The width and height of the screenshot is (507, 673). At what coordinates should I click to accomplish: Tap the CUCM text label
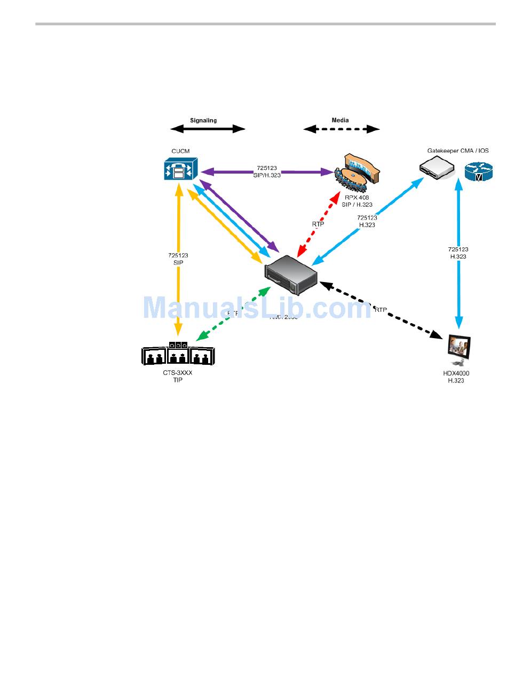[x=180, y=151]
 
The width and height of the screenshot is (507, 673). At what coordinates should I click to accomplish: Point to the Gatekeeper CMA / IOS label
[x=458, y=151]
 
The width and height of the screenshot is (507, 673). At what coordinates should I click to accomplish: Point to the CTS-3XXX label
[x=178, y=373]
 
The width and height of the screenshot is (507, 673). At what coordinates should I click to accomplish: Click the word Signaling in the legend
[x=203, y=120]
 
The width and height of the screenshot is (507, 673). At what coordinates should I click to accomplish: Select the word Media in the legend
[x=340, y=120]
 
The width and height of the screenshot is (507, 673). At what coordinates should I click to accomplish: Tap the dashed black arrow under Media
[x=342, y=129]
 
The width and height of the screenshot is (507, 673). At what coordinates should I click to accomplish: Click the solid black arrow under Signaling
[x=208, y=129]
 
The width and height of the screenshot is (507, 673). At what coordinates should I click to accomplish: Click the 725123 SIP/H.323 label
[x=266, y=171]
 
